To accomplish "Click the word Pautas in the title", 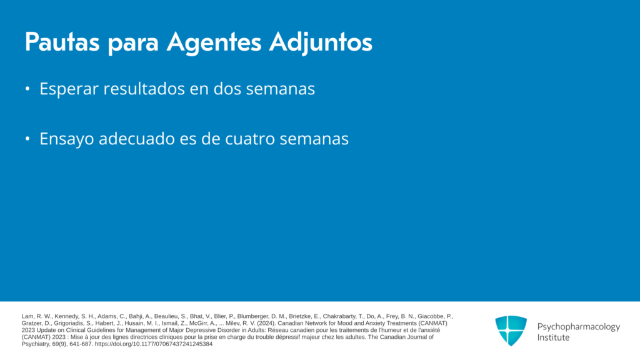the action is coord(62,42).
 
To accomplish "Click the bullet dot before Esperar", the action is coord(27,89).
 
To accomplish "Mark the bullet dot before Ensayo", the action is coord(27,139).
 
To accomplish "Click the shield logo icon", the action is coord(511,331).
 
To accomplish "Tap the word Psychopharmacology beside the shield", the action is coord(578,327).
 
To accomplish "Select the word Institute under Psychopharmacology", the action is coord(553,337).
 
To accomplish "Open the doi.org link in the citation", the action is coord(154,344).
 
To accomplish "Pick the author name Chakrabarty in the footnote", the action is coord(339,316).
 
